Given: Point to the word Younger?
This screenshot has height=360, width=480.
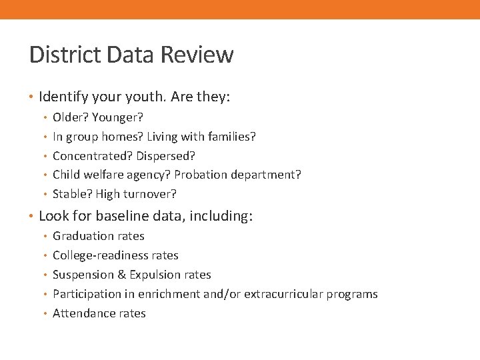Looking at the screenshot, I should (x=118, y=117).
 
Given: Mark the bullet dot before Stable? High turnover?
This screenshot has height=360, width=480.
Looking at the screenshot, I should (x=44, y=195).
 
